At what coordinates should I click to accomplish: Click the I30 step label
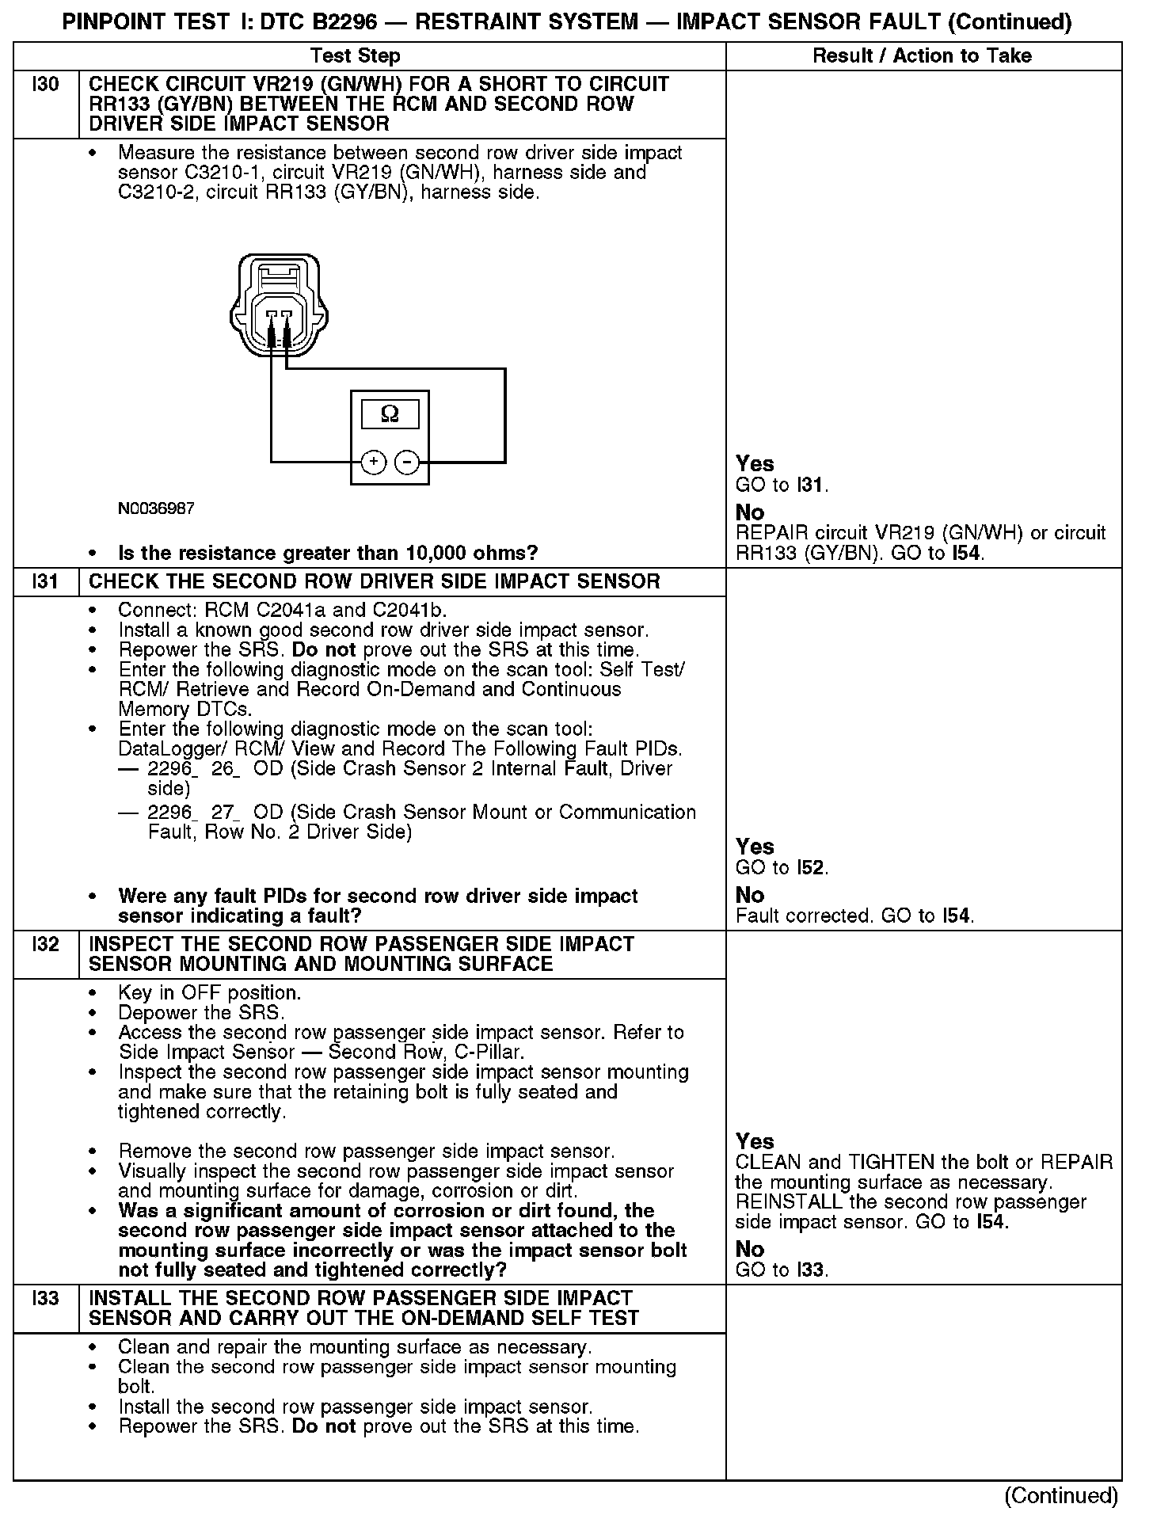click(46, 85)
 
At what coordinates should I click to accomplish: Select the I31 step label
click(46, 582)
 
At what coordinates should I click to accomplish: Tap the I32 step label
click(46, 945)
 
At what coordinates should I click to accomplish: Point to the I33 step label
click(46, 1299)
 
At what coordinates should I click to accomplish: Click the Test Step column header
click(356, 56)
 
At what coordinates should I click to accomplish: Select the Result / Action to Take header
click(923, 56)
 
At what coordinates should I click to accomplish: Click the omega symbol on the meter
click(390, 414)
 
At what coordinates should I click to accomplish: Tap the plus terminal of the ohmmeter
click(373, 462)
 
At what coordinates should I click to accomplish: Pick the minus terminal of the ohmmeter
click(406, 462)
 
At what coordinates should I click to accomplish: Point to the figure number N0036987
click(156, 508)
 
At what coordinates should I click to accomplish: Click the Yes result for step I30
click(755, 464)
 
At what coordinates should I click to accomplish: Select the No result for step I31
click(750, 895)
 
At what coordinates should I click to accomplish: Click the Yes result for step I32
click(755, 1141)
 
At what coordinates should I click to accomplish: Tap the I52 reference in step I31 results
click(811, 868)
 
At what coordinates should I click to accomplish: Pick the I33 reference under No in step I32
click(811, 1270)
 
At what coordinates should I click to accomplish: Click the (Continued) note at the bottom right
click(1061, 1495)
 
